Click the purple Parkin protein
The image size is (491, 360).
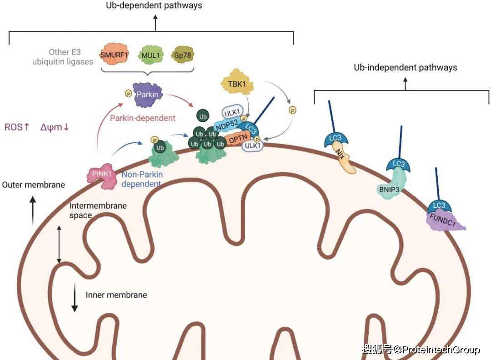coord(145,95)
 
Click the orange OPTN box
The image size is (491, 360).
coord(235,139)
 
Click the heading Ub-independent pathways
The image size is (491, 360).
coord(406,68)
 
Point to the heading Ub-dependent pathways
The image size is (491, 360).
coord(154,6)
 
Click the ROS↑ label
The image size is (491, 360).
coord(17,127)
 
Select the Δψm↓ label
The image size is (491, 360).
coord(55,127)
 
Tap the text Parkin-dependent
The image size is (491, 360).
coord(143,118)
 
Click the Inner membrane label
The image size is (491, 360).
coord(116,295)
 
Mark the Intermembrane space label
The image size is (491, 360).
coord(98,210)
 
